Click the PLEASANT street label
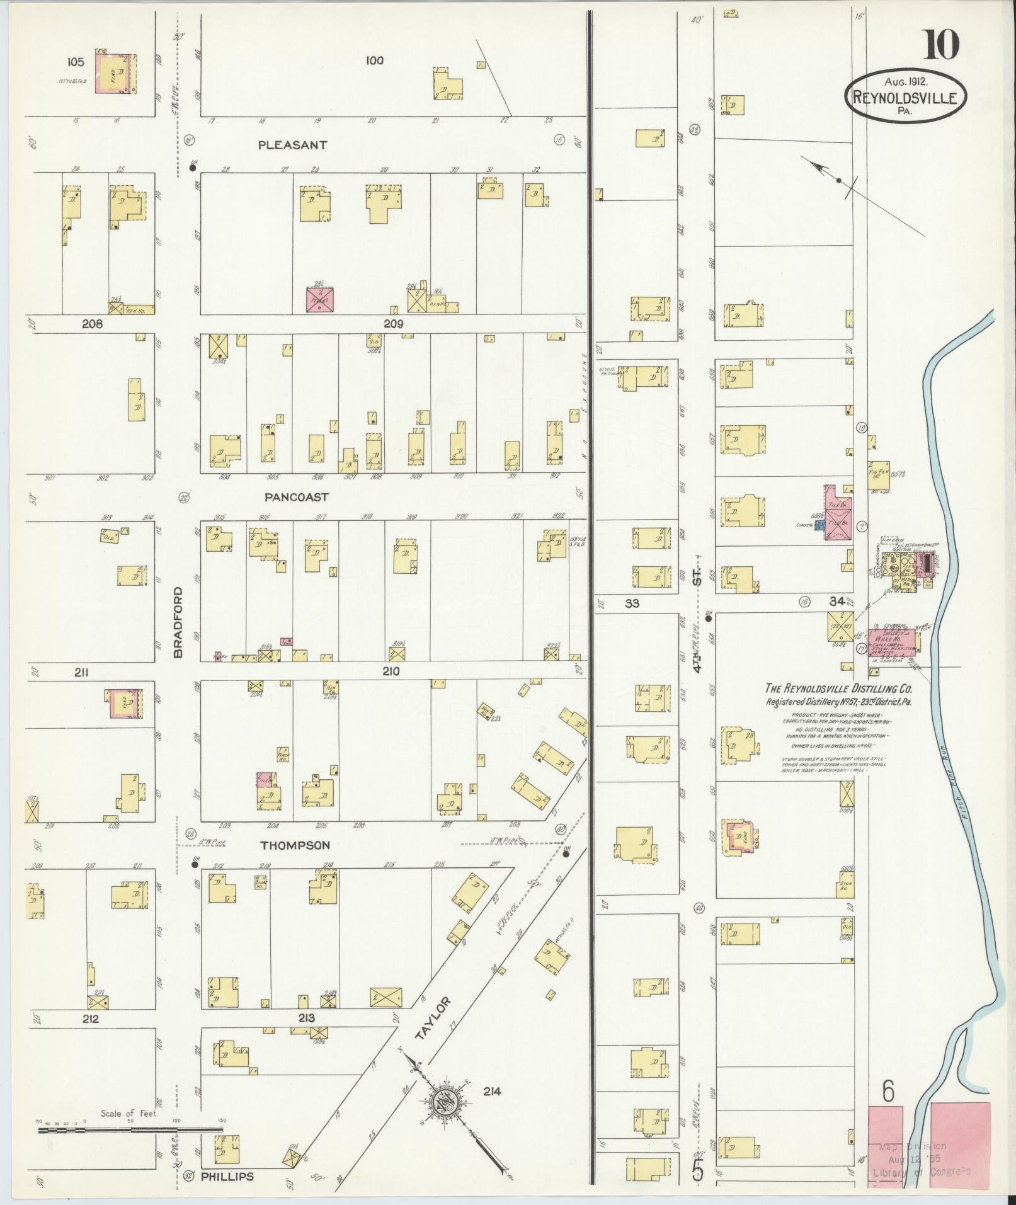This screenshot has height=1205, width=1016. tap(293, 145)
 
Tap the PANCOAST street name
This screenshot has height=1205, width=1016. tap(296, 497)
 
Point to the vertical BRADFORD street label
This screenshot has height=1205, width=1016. tap(178, 622)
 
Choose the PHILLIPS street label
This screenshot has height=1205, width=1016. tap(227, 1177)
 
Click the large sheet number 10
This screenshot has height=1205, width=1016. tap(942, 45)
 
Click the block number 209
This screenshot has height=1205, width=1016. tap(392, 324)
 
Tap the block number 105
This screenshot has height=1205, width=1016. tap(75, 61)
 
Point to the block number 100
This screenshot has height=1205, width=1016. tap(374, 60)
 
